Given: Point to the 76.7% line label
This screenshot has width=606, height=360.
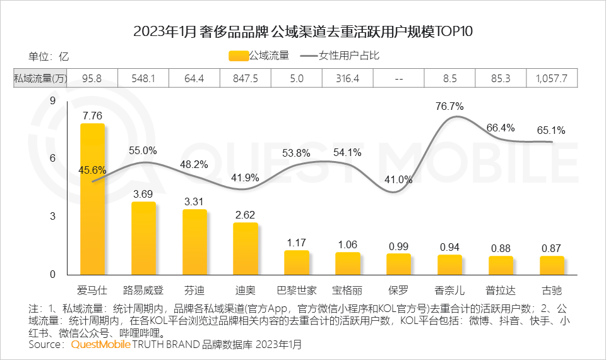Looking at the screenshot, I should tap(449, 106).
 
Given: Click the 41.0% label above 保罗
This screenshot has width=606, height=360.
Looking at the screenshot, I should tap(398, 179).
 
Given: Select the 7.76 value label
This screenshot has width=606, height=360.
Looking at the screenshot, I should tap(92, 116).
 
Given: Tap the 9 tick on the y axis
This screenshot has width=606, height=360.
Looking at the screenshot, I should tap(53, 101).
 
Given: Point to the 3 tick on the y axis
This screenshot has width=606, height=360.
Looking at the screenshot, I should tap(53, 217).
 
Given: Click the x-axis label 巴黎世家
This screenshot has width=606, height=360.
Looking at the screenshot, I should tap(297, 291).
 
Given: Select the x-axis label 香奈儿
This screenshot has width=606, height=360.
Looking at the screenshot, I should tap(449, 291).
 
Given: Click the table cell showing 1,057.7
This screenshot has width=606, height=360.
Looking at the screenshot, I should tap(551, 78).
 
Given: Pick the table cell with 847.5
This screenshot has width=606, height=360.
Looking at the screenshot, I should tap(245, 78).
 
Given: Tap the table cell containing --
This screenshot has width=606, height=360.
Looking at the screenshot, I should tap(398, 78).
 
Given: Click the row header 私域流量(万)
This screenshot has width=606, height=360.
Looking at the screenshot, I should tap(40, 78).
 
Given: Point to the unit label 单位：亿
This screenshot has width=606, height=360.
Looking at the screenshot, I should tap(49, 56).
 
